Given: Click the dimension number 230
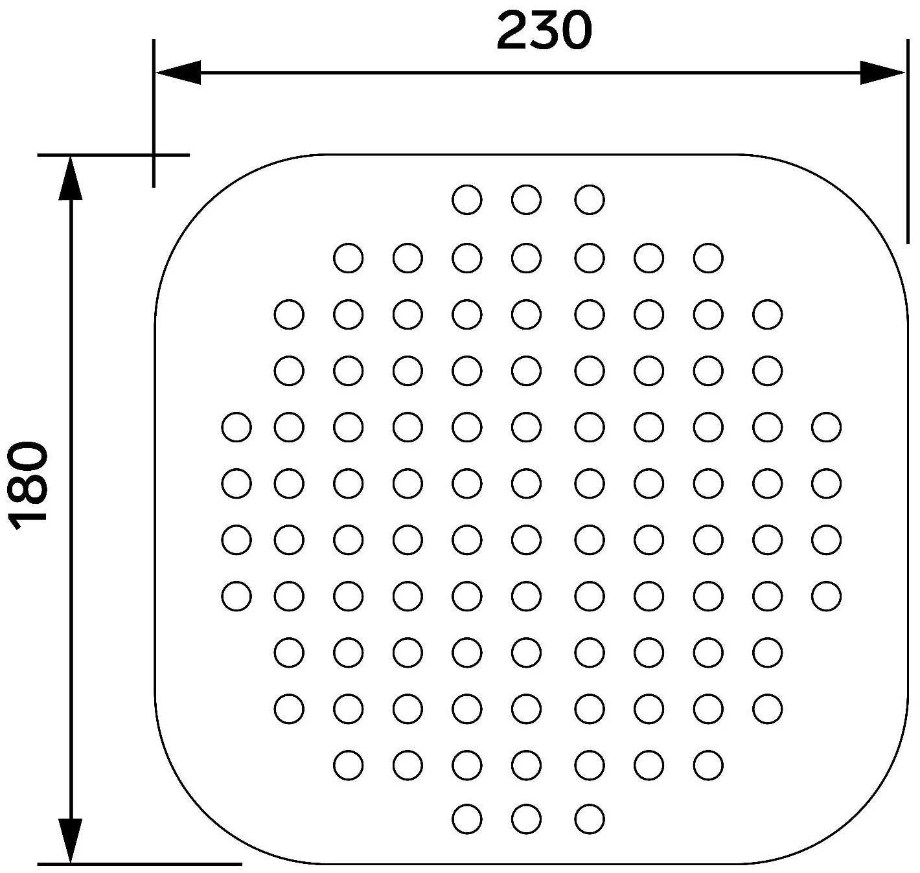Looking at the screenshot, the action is click(544, 31).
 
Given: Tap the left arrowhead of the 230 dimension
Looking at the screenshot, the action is click(178, 73).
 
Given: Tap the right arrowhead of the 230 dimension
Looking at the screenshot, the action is click(882, 73).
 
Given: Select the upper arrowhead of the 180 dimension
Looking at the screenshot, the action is click(70, 178).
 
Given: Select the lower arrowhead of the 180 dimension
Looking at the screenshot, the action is click(70, 841).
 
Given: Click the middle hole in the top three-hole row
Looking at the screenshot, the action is click(527, 199).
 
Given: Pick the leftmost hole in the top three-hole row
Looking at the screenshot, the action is click(467, 199).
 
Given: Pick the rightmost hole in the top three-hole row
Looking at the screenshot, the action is click(590, 199).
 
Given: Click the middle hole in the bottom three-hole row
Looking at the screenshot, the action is click(527, 819).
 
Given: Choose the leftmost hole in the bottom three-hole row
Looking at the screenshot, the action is click(467, 819).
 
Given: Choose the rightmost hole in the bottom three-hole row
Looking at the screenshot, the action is click(590, 819).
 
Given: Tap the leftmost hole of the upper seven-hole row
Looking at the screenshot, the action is click(348, 258).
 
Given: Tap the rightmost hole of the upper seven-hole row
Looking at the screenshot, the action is click(709, 258).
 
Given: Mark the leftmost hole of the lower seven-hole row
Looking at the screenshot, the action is click(348, 765).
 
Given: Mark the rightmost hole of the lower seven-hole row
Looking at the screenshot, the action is click(709, 765).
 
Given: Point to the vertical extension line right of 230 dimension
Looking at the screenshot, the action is click(908, 141).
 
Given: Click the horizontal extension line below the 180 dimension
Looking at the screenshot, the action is click(139, 864).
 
